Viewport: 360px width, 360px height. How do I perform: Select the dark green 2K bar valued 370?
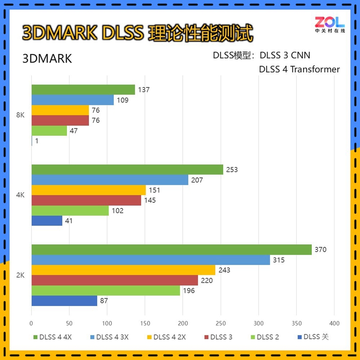tap(171, 250)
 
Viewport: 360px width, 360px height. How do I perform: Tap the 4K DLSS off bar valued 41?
tap(47, 221)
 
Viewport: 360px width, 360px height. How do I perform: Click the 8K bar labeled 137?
tap(83, 90)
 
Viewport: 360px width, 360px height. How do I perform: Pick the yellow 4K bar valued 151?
tap(89, 190)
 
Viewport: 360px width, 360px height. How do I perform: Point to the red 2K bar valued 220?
tap(115, 280)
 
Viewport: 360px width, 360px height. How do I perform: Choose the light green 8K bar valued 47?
tap(49, 131)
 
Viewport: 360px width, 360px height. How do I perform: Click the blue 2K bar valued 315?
tap(151, 260)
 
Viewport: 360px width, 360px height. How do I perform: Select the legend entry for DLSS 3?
tap(218, 337)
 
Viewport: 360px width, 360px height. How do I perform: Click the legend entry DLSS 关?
tap(313, 337)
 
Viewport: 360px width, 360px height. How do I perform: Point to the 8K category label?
tap(20, 115)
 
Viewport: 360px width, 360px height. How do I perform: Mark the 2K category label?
tap(20, 275)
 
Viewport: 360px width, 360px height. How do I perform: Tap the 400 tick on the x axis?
tap(333, 323)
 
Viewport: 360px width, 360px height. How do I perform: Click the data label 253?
tap(232, 170)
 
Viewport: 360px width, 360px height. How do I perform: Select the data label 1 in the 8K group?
tap(36, 141)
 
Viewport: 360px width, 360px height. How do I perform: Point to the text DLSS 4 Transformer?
tap(299, 69)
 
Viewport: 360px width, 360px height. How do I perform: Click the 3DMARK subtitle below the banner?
tap(47, 59)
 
